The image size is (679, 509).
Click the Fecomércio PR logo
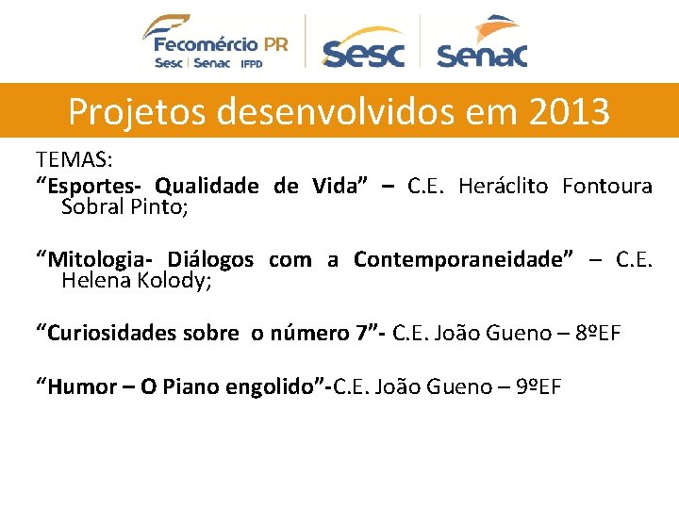215,41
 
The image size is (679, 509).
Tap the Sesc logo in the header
362,48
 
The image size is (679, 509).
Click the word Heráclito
503,186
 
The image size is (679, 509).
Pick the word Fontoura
606,186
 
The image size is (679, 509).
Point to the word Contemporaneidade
463,259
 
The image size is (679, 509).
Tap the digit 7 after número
361,333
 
